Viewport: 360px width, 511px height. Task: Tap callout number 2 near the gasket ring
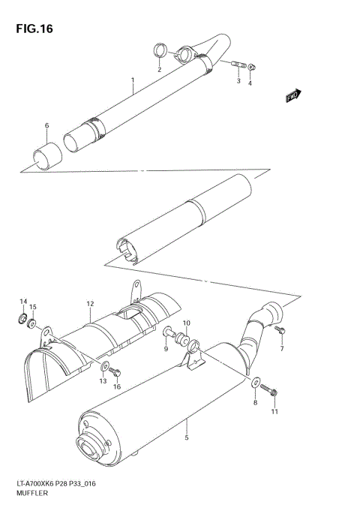pyautogui.click(x=159, y=69)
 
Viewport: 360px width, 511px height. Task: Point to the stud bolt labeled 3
pyautogui.click(x=237, y=65)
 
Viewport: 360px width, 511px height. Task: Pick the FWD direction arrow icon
pyautogui.click(x=293, y=95)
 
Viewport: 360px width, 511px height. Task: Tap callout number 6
pyautogui.click(x=46, y=125)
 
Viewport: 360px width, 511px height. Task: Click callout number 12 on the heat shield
pyautogui.click(x=89, y=304)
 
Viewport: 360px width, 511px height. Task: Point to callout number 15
pyautogui.click(x=32, y=307)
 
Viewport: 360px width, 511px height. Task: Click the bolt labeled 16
pyautogui.click(x=113, y=371)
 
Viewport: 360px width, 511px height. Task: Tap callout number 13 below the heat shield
pyautogui.click(x=103, y=381)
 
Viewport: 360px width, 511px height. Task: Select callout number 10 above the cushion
pyautogui.click(x=187, y=323)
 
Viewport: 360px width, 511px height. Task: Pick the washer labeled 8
pyautogui.click(x=256, y=382)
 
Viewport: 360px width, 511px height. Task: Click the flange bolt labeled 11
pyautogui.click(x=272, y=392)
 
